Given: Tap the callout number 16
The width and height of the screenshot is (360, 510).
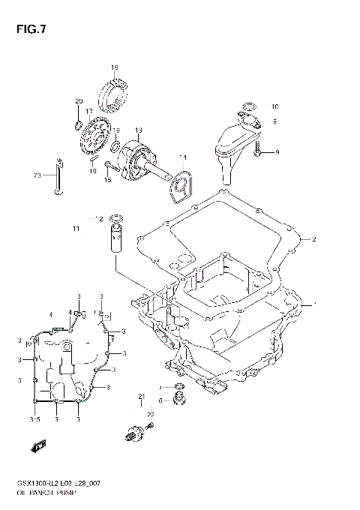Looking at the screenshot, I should click(115, 68).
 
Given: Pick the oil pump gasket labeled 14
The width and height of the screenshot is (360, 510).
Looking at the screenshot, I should click(179, 184).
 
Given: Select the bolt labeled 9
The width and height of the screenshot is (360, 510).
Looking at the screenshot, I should click(259, 152).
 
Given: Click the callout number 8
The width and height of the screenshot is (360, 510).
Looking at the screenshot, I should click(274, 120).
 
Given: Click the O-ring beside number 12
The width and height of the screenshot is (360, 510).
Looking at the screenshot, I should click(117, 219).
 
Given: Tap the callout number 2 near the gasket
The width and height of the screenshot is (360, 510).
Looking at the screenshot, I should click(314, 240).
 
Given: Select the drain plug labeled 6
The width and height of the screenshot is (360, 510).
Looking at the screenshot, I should click(178, 400).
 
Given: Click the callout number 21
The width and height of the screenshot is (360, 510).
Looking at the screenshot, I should click(140, 396).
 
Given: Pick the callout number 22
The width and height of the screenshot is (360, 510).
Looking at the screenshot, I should click(150, 415).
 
